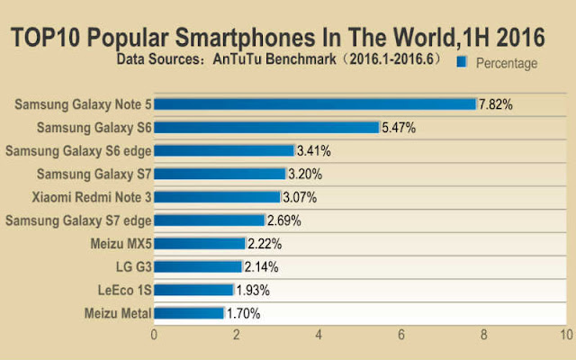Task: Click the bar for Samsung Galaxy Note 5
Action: point(315,103)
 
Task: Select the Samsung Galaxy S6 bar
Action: point(266,127)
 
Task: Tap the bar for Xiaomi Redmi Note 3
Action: point(217,196)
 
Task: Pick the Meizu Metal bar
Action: point(189,313)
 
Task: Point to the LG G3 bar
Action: point(198,266)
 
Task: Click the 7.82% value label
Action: point(495,104)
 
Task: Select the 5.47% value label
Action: point(399,128)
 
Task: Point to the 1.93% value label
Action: point(252,290)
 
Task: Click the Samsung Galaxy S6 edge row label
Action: point(76,150)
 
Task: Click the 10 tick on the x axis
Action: point(565,336)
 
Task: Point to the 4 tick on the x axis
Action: point(319,336)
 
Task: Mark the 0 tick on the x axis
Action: point(155,336)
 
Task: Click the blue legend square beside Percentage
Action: point(463,62)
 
